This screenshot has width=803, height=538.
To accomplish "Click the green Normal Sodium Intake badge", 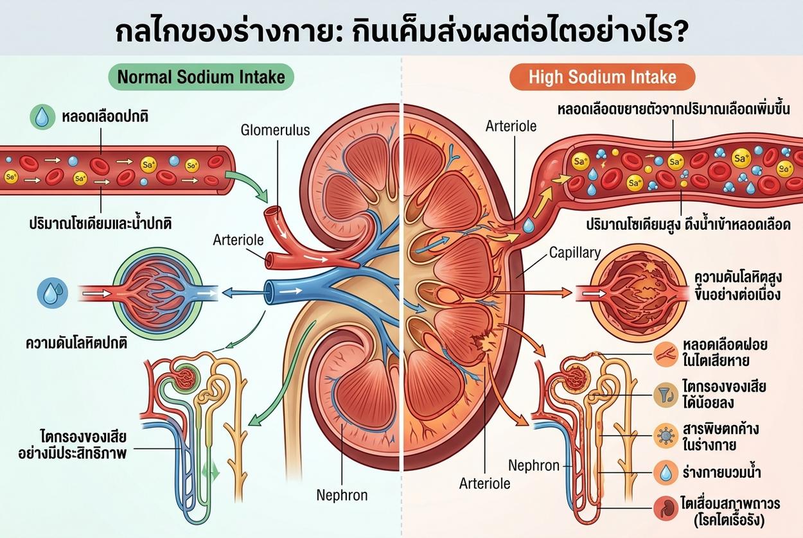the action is (x=201, y=77).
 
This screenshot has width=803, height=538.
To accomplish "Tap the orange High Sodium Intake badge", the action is (x=603, y=77).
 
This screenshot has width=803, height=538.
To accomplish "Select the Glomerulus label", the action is (x=276, y=130).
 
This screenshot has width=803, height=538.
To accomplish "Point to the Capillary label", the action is (x=575, y=253).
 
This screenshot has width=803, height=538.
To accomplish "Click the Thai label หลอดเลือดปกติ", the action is (x=105, y=117).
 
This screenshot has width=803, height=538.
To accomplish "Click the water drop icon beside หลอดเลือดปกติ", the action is (x=42, y=117).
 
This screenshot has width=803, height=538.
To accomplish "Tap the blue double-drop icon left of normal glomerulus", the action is (x=53, y=293).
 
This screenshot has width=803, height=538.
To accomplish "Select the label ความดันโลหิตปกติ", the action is (x=76, y=343).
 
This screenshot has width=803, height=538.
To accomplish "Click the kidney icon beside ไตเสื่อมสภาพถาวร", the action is (x=666, y=508).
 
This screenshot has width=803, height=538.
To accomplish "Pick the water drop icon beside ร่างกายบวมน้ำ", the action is (x=666, y=473).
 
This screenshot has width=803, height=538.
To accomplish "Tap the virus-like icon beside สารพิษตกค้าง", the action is (x=666, y=436).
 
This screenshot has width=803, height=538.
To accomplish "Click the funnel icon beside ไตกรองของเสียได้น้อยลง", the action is (x=666, y=395).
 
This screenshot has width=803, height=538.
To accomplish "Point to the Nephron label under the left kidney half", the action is (x=342, y=496).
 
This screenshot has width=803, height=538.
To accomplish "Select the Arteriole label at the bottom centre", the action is (x=484, y=483).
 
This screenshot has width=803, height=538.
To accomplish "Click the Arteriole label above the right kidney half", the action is (x=511, y=126).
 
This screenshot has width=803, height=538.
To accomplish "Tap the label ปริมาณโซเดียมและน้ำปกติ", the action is (x=100, y=223).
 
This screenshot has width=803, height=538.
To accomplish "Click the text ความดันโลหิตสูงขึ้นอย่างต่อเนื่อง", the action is (x=737, y=286).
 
